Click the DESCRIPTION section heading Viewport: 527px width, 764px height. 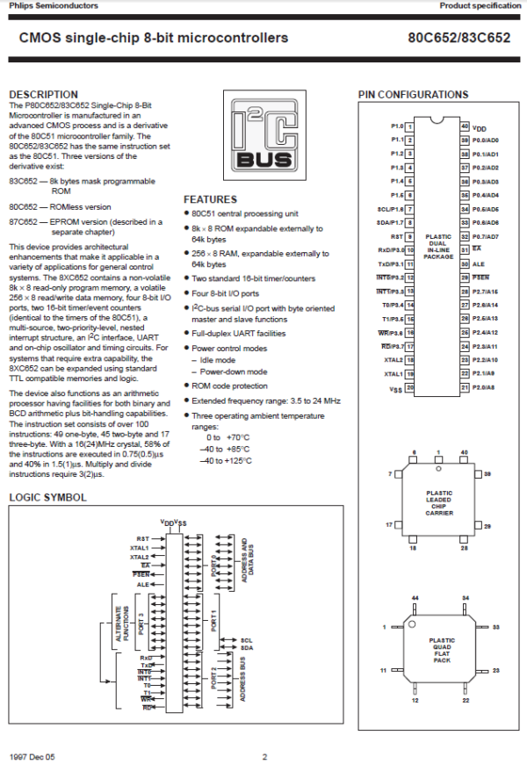click(x=43, y=94)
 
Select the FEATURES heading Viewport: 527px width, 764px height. click(x=210, y=199)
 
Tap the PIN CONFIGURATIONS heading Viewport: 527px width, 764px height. click(x=413, y=95)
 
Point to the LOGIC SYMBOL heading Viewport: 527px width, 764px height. click(x=47, y=498)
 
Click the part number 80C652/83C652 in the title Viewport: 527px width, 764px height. click(x=458, y=39)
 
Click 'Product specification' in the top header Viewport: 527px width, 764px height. click(x=480, y=6)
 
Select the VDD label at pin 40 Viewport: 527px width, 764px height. click(x=480, y=127)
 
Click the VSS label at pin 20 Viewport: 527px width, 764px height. click(x=396, y=388)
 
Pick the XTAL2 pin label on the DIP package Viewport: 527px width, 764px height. click(x=393, y=360)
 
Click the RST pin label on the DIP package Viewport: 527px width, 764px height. click(x=397, y=236)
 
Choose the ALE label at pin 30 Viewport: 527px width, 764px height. click(x=479, y=263)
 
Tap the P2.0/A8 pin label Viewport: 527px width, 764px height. click(x=485, y=387)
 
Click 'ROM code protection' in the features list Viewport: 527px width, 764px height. click(x=230, y=386)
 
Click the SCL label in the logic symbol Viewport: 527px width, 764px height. click(x=247, y=640)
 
